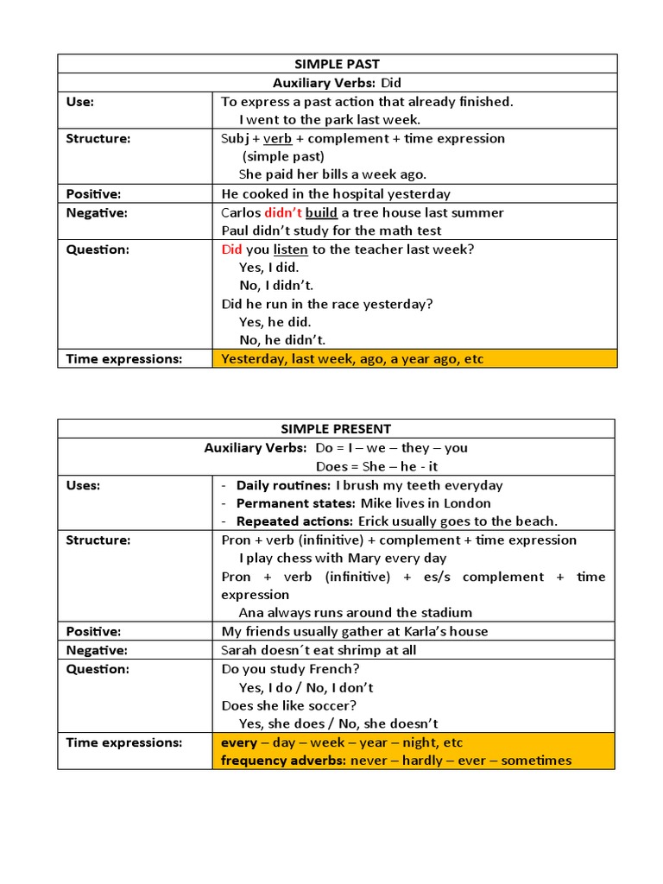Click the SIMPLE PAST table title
(337, 65)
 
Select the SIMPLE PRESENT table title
(336, 429)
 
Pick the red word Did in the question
(232, 249)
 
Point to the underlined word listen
(291, 249)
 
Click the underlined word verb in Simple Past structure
(277, 138)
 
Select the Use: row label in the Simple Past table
(80, 102)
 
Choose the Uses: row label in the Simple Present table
(83, 485)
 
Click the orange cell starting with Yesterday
(414, 359)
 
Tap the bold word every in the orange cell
(239, 742)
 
